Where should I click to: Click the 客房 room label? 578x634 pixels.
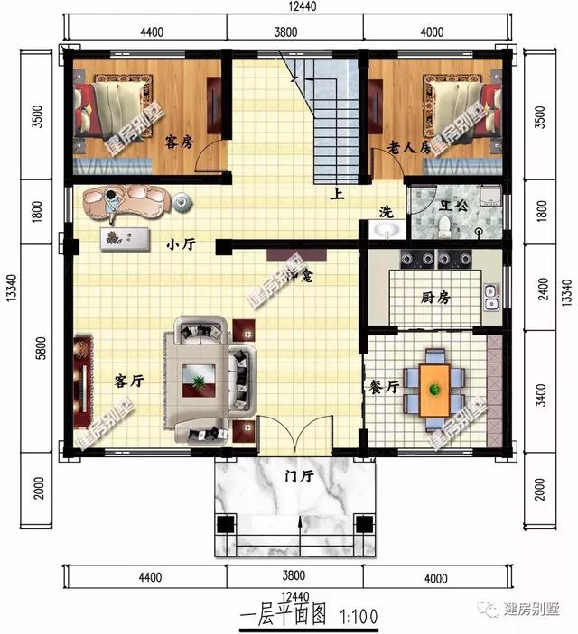179,142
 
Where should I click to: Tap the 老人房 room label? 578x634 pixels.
406,146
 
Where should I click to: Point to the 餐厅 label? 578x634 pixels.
385,386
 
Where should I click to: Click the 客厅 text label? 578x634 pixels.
129,381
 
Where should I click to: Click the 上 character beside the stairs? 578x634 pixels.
336,192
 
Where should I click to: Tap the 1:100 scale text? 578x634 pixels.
359,616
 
